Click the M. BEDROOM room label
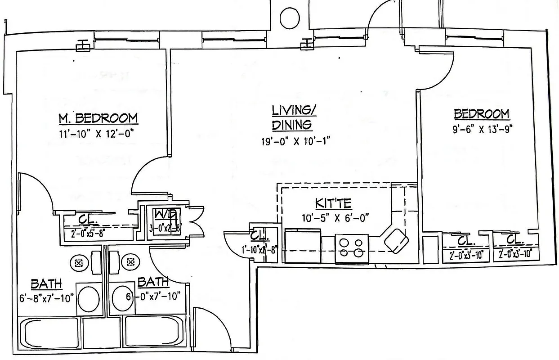click(x=98, y=118)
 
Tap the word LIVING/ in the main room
click(x=291, y=110)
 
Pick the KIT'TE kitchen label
click(x=333, y=203)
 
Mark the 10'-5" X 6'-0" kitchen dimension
click(x=335, y=218)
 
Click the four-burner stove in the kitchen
click(x=351, y=247)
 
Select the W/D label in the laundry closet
click(x=161, y=214)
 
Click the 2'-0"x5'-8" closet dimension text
click(x=88, y=234)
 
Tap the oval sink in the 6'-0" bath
click(x=122, y=298)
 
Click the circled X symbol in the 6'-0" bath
click(x=131, y=262)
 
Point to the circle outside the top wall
click(x=290, y=18)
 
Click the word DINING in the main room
click(x=292, y=125)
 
